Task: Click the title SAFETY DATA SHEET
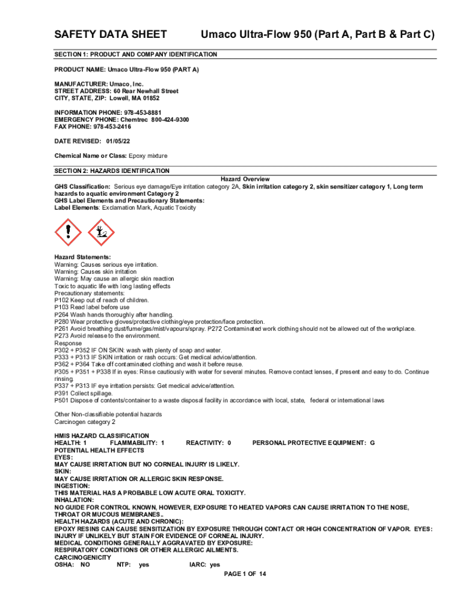pos(111,34)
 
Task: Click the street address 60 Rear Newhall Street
pos(144,91)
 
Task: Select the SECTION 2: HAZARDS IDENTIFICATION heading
pos(112,171)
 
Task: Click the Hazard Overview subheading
pos(245,180)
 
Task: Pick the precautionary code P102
pos(63,300)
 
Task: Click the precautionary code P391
pos(63,393)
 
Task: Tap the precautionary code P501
pos(63,401)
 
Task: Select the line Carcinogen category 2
pos(85,422)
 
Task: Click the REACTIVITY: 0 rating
pos(209,443)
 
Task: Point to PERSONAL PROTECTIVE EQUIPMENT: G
pos(313,443)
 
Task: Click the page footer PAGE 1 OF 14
pos(245,574)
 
